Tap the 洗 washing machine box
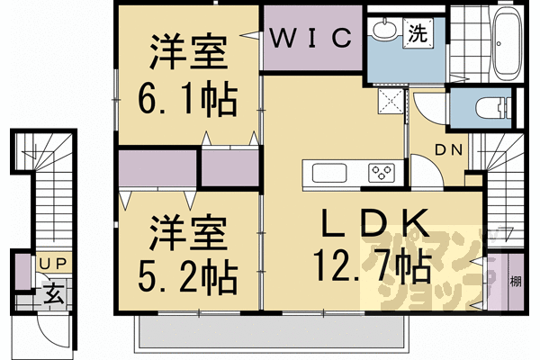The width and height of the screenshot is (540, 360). pos(418,34)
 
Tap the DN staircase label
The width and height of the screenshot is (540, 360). pos(450,150)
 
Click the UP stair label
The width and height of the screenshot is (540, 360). pos(47,263)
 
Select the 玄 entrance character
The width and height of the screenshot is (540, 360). pos(53,292)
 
